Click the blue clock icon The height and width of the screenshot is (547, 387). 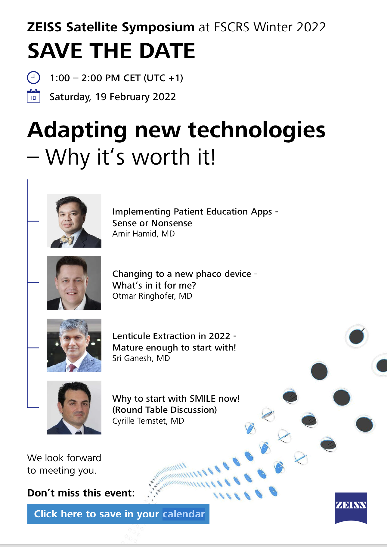(x=33, y=78)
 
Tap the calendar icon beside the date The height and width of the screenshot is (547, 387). (x=33, y=96)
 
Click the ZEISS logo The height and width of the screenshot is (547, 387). (x=351, y=508)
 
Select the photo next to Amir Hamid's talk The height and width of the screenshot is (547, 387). (x=74, y=221)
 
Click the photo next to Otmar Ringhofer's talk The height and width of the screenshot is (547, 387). (x=74, y=283)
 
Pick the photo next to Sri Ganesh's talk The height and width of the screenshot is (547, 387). (x=74, y=345)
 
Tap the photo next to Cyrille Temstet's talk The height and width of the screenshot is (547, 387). (x=74, y=407)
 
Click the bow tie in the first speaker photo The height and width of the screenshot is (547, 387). (x=67, y=240)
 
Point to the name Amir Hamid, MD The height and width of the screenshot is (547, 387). (x=144, y=234)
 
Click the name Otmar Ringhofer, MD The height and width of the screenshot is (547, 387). (x=152, y=296)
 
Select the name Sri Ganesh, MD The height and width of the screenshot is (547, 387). (x=141, y=358)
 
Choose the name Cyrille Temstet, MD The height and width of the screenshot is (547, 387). (x=148, y=421)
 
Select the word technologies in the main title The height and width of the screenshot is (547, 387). (x=257, y=130)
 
